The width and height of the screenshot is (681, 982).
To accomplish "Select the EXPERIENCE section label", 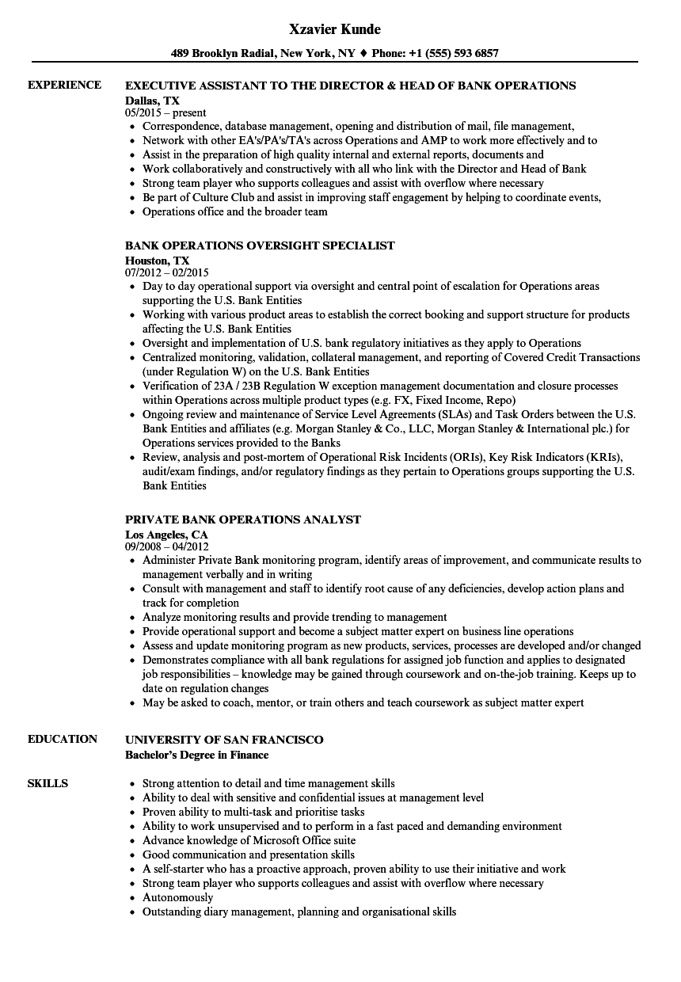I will (64, 85).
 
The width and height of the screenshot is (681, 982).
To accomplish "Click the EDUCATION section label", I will (63, 739).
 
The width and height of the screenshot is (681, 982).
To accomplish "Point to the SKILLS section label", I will (48, 783).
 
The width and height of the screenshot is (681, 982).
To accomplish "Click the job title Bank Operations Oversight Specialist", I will (260, 246).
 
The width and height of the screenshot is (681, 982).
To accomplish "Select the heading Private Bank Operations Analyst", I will (243, 520).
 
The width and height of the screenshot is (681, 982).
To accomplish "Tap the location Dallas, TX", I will (152, 100).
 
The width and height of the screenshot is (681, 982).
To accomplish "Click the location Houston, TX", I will (157, 260).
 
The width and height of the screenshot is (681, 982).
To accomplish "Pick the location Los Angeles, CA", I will (166, 534).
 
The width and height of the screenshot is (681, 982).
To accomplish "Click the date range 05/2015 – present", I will (165, 112).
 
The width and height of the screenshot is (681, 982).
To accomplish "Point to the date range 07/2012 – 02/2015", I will (166, 272).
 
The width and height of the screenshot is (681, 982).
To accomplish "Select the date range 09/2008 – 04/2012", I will (166, 546).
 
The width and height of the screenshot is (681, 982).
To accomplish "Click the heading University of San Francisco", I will (224, 739).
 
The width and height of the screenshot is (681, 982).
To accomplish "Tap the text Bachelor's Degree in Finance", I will (196, 755).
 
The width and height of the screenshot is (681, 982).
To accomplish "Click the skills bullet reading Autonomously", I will (177, 897).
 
